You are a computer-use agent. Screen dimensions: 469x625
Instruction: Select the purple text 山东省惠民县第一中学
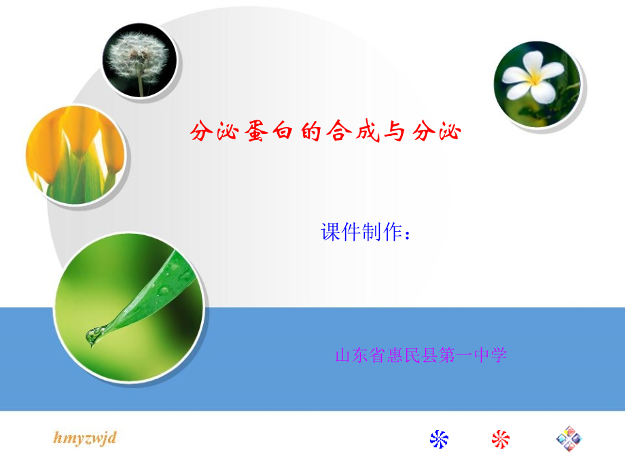coord(421,355)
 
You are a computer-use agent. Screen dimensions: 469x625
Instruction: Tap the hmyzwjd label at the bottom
coord(86,437)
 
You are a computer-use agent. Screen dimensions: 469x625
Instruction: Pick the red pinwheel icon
coord(501,439)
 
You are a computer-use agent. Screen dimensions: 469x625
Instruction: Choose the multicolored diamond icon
coord(569,439)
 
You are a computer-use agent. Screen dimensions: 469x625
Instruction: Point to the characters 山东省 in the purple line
coord(360,355)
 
